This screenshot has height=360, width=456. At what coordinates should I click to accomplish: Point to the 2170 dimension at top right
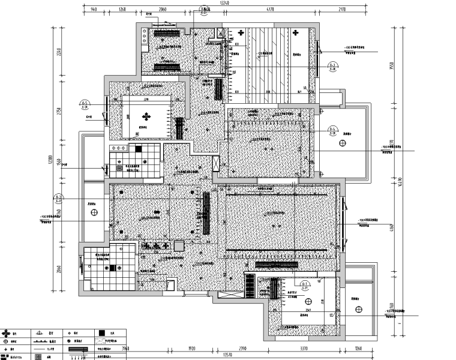pos(341,9)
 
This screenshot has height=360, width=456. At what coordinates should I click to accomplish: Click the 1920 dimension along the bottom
pos(193,347)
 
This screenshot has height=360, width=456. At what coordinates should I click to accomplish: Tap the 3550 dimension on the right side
pos(391,67)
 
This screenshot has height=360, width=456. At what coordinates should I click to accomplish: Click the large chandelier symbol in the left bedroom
pos(146,116)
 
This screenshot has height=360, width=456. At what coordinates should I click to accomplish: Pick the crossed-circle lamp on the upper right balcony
pos(342,143)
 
